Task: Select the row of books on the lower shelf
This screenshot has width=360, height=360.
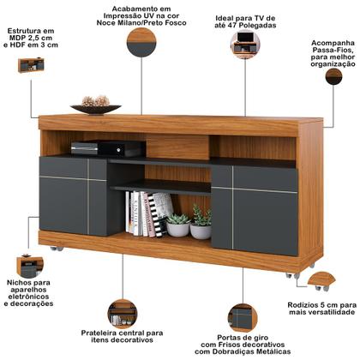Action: [x=144, y=213]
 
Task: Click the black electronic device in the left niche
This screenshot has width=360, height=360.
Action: [x=86, y=148]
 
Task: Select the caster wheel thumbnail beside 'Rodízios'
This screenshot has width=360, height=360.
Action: [x=321, y=279]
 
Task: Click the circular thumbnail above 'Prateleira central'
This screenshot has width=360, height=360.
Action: [x=123, y=312]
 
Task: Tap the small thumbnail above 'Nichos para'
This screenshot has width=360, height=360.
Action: [x=29, y=265]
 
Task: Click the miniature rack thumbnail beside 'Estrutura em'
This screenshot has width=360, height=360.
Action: [x=31, y=64]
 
